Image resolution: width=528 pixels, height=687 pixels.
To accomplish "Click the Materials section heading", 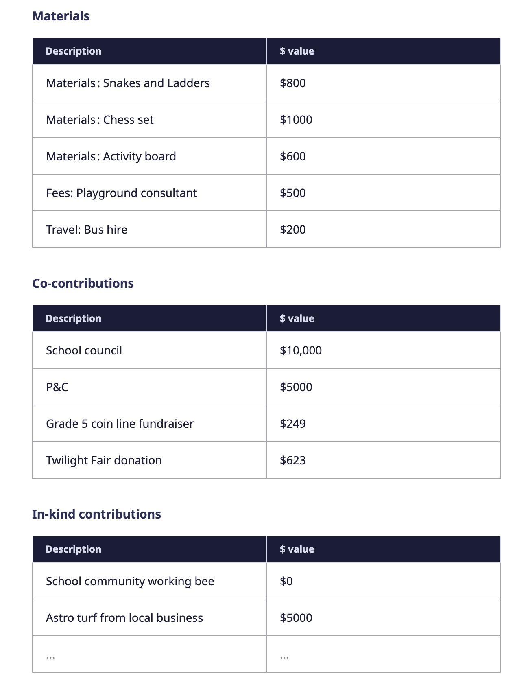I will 61,16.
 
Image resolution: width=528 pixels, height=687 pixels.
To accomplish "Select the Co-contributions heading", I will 83,283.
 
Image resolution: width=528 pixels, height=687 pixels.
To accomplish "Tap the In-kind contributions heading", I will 96,514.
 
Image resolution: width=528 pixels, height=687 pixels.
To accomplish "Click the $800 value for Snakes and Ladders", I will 293,83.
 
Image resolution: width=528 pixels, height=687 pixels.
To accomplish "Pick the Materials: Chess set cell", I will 100,120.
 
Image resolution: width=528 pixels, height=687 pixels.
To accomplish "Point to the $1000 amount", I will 296,120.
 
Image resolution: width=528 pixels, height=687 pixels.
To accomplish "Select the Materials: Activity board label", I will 111,156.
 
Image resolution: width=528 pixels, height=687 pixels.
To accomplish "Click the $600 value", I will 293,156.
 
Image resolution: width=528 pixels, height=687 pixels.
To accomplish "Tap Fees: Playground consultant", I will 122,193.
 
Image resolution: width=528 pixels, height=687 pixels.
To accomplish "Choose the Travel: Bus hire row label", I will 87,230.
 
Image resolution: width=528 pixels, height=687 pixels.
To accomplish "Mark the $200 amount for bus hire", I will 293,230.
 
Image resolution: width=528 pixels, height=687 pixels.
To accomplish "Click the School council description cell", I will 84,350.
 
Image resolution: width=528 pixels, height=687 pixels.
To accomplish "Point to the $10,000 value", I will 301,350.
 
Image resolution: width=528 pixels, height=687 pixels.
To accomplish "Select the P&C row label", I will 57,387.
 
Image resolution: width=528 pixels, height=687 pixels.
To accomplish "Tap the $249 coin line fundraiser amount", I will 293,424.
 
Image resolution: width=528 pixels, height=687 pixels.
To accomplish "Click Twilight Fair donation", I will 104,460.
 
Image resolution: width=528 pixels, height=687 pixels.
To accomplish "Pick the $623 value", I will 293,460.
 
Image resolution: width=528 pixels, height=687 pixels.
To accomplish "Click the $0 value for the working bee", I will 286,581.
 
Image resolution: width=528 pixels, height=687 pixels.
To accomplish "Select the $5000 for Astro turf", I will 296,618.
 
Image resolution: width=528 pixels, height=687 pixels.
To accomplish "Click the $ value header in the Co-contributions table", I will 297,318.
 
